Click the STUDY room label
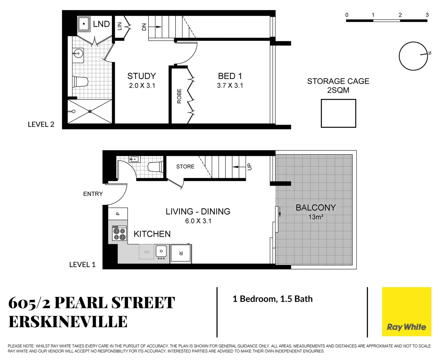tap(141, 76)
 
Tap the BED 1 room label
tap(230, 76)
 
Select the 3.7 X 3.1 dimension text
tap(230, 86)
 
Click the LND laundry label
tap(101, 24)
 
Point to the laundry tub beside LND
tap(84, 24)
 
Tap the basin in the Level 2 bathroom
tap(78, 53)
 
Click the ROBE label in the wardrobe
tap(179, 96)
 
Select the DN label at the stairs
tap(144, 27)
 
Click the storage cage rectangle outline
tap(338, 113)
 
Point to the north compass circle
tap(413, 56)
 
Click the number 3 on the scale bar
tap(427, 15)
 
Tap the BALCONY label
tap(316, 208)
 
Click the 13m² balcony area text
tap(316, 217)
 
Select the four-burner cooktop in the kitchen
tap(119, 233)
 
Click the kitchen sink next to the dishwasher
tap(161, 252)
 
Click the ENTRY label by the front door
tap(93, 194)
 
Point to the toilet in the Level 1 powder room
tap(155, 167)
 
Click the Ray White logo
tap(406, 312)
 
